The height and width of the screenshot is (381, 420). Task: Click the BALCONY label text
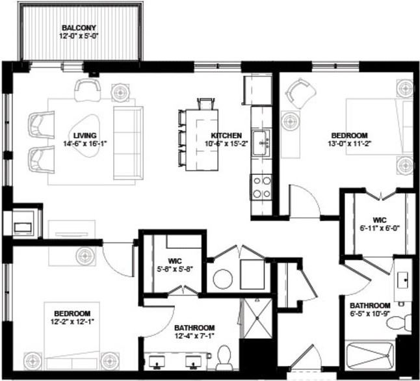click(79, 27)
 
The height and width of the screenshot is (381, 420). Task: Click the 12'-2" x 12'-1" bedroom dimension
click(72, 321)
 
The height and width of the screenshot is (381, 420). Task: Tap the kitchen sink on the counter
click(262, 141)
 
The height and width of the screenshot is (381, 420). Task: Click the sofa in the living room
click(127, 142)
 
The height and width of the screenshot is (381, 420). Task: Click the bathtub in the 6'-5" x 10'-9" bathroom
click(369, 357)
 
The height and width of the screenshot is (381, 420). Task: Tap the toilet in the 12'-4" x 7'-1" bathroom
click(224, 357)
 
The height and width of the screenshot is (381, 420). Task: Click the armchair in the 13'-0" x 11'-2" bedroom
click(300, 93)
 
